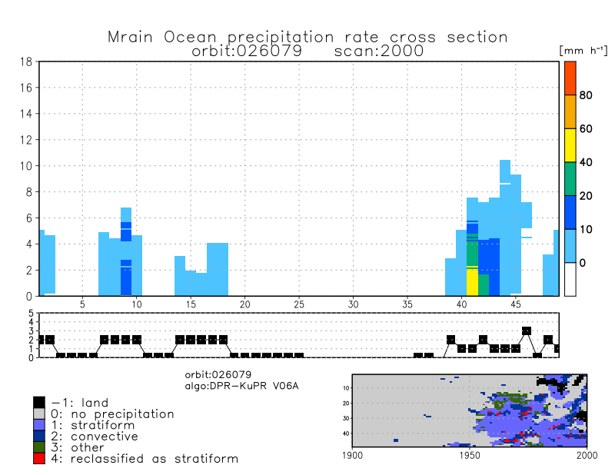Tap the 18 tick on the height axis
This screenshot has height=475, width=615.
pyautogui.click(x=25, y=61)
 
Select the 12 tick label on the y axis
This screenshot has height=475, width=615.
pyautogui.click(x=25, y=140)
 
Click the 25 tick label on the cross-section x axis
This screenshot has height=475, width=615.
pyautogui.click(x=298, y=304)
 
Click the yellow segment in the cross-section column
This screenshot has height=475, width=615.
pyautogui.click(x=472, y=281)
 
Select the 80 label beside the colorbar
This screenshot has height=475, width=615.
pyautogui.click(x=586, y=95)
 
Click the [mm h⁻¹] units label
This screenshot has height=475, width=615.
pyautogui.click(x=581, y=50)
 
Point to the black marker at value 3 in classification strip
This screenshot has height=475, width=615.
pyautogui.click(x=527, y=331)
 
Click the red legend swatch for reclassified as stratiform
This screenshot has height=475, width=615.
pyautogui.click(x=38, y=458)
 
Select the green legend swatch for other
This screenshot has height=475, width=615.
pyautogui.click(x=38, y=447)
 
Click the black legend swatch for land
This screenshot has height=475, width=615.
pyautogui.click(x=38, y=402)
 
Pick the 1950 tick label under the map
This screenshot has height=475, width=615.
pyautogui.click(x=467, y=455)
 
